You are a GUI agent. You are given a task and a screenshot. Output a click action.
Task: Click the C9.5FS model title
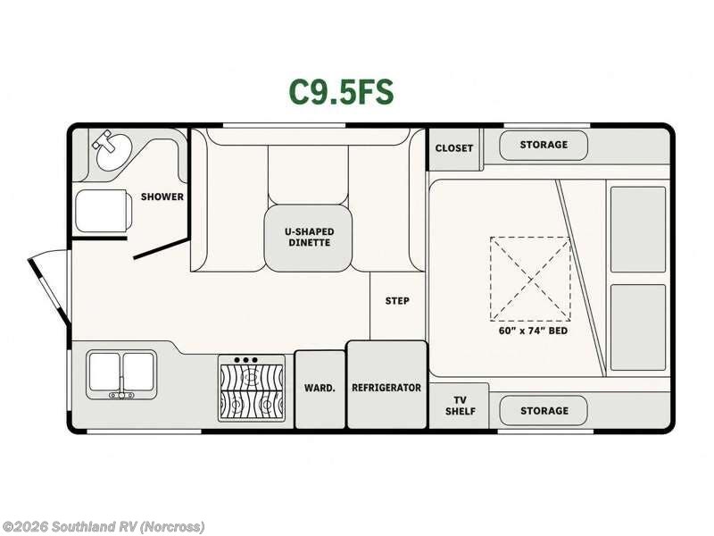pos(341,92)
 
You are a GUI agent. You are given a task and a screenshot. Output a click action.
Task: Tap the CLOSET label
pos(454,148)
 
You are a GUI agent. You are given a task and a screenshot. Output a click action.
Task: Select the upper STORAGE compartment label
pos(544,145)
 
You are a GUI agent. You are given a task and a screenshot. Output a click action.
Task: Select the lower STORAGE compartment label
pos(544,411)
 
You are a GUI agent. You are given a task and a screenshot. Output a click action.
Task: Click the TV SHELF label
pos(460,406)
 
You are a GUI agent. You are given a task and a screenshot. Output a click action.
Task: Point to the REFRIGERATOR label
pos(386,388)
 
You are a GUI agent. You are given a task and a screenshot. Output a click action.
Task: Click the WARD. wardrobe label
pos(320,388)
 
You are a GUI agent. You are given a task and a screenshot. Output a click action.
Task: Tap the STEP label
pos(397,301)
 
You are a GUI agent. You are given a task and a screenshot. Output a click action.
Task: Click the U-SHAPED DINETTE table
pos(309,238)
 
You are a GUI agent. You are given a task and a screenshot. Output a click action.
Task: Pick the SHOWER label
pos(162,197)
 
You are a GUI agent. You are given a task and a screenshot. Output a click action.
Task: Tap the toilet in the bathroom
pos(104,211)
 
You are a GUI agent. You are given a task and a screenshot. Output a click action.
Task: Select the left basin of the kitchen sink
pos(104,371)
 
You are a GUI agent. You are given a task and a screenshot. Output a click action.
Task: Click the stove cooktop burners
pos(252,388)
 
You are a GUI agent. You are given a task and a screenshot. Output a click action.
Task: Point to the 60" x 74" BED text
pos(533,331)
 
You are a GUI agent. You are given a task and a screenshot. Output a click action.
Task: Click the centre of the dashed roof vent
pos(530,279)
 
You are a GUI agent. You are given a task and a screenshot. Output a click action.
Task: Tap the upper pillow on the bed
pos(638,230)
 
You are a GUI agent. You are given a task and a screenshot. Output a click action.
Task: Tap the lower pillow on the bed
pos(638,327)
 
